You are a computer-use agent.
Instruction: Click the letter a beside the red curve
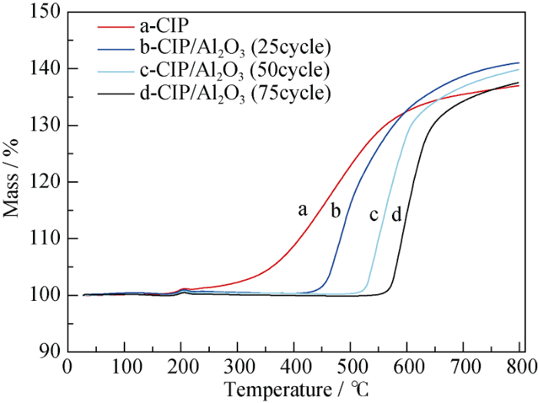[303, 209]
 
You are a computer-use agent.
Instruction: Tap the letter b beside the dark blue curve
[335, 211]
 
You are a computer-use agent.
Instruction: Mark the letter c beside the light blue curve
[374, 215]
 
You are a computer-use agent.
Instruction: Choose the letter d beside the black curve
[397, 215]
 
